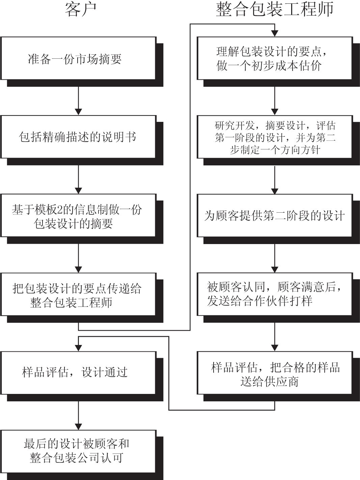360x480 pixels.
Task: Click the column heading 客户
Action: click(x=81, y=9)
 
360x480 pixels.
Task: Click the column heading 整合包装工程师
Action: click(x=274, y=9)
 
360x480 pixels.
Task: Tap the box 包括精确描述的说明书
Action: click(x=78, y=137)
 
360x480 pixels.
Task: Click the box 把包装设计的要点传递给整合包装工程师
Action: click(x=78, y=294)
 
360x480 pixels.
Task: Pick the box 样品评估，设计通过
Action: click(x=78, y=372)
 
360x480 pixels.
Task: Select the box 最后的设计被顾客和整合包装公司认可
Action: click(x=78, y=451)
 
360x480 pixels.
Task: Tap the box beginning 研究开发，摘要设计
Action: click(x=274, y=137)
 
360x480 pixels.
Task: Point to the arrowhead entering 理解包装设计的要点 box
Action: click(x=275, y=33)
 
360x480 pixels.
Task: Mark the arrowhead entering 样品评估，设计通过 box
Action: click(x=78, y=347)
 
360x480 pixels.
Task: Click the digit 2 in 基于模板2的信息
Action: click(x=60, y=210)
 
